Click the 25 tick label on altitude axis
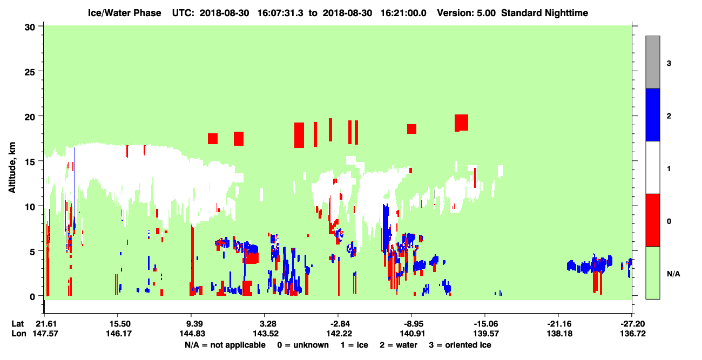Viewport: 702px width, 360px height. (30, 72)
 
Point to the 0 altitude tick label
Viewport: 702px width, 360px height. (32, 297)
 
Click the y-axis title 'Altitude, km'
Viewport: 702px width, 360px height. (12, 167)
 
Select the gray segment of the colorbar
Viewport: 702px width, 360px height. (652, 62)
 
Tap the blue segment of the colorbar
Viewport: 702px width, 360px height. (652, 114)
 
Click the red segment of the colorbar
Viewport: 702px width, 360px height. (652, 220)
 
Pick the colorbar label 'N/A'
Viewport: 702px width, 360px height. (673, 274)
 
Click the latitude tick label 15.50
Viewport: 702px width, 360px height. (118, 324)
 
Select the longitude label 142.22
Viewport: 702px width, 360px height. (339, 334)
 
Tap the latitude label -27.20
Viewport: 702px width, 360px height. (632, 324)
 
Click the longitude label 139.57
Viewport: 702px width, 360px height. (486, 334)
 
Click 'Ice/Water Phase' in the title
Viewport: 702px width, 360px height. (124, 13)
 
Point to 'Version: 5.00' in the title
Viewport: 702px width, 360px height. (467, 13)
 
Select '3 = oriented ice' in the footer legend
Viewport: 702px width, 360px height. (460, 345)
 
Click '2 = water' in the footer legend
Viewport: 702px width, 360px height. (399, 345)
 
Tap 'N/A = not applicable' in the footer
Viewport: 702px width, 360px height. (225, 345)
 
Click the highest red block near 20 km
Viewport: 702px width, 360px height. (461, 123)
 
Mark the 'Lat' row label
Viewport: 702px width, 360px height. (17, 324)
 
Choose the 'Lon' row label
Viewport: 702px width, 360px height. (19, 334)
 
